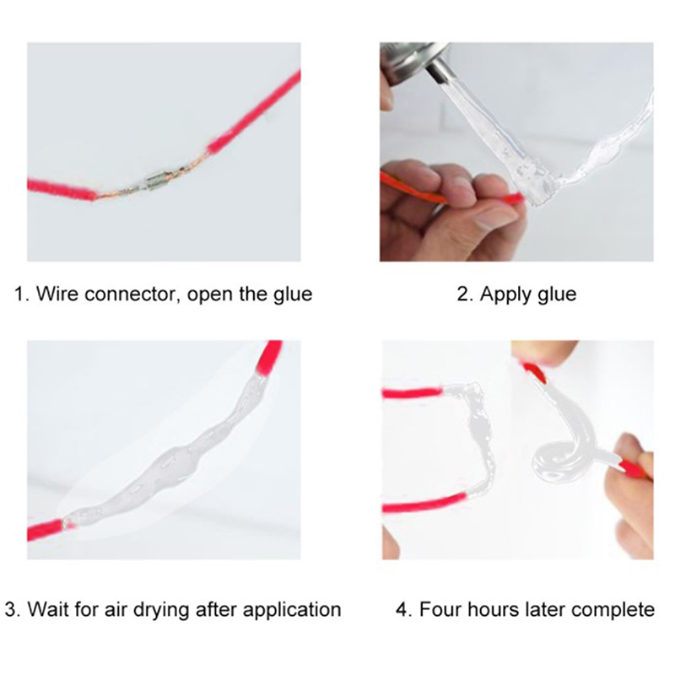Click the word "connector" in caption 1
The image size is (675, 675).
tap(129, 294)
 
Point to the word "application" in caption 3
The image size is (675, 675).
tap(292, 611)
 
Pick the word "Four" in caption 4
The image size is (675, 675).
tap(440, 609)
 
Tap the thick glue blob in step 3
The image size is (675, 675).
tap(172, 465)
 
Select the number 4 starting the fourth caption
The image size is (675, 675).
tap(403, 609)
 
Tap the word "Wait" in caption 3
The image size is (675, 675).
tap(48, 609)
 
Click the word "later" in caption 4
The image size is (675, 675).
tap(545, 609)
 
